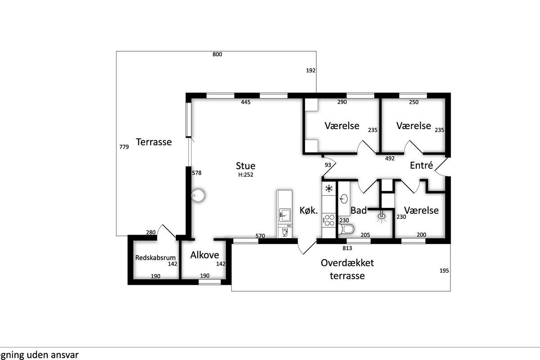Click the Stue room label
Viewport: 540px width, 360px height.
coord(245,166)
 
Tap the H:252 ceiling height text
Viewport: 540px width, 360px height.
coord(246,175)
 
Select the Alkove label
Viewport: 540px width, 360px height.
coord(204,255)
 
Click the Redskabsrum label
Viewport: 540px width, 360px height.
coord(155,257)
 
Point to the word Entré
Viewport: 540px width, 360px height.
coord(421,165)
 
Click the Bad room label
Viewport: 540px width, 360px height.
coord(359,211)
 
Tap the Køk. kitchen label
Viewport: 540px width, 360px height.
coord(309,211)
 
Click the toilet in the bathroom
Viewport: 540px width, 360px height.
coord(346,229)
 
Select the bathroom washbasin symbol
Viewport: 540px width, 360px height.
coord(344,199)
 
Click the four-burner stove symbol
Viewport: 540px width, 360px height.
coord(329,220)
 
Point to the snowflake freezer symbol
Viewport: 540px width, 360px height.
coord(328,188)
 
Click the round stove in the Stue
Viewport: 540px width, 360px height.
coord(198,195)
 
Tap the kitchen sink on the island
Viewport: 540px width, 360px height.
coord(285,215)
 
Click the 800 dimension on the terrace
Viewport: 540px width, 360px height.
coord(217,54)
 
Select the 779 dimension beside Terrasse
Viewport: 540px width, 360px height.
coord(124,147)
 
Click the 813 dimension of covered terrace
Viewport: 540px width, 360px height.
coord(347,248)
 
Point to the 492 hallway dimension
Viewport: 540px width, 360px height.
coord(390,158)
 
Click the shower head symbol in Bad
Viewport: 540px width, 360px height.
coord(381,216)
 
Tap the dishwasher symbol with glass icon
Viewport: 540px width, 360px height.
coord(285,233)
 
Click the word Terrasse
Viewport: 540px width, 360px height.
coord(154,142)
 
